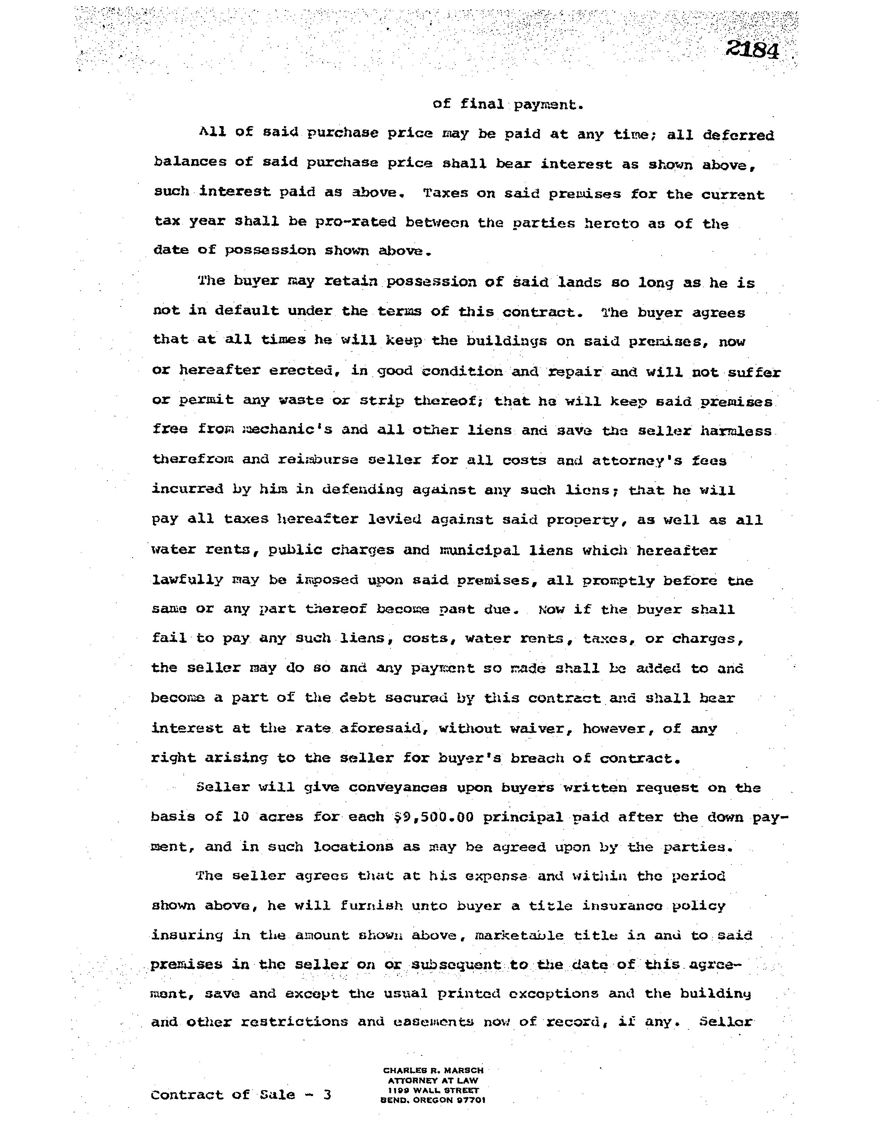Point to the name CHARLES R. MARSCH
pyautogui.click(x=433, y=1070)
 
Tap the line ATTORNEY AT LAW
pyautogui.click(x=433, y=1080)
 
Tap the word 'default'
pyautogui.click(x=246, y=311)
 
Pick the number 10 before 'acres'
pyautogui.click(x=241, y=817)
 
